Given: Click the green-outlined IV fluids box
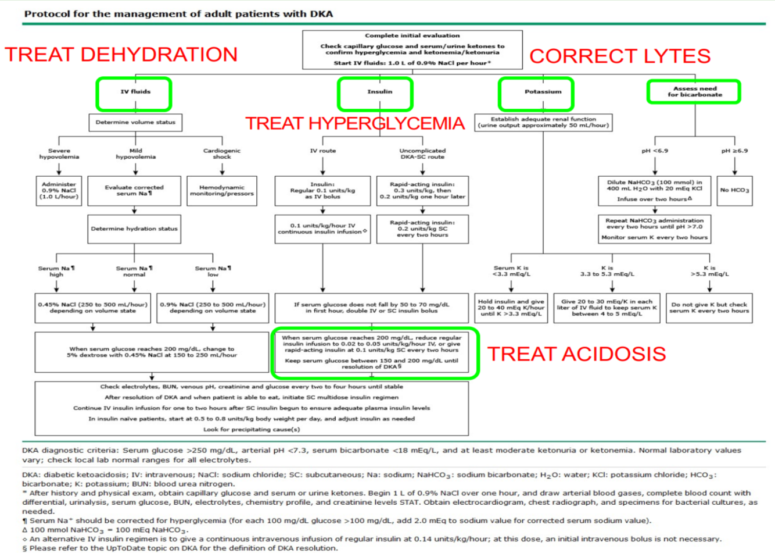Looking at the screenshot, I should point(134,93).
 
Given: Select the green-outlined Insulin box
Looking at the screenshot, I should point(375,93).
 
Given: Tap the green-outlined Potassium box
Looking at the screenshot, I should point(536,93).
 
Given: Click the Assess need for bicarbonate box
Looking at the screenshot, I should point(694,92).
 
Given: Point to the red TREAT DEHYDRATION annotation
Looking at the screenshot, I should point(121,55).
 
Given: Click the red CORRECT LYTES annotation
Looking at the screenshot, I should point(620,56).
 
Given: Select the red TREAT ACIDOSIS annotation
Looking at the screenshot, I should point(576,354).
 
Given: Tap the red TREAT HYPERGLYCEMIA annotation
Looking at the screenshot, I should point(354,123).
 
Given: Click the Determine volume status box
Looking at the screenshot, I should point(135,123).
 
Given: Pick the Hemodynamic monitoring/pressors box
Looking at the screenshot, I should point(222,191).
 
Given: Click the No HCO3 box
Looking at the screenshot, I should point(734,191).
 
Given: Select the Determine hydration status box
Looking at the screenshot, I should point(134,229).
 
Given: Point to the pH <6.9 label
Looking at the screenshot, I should point(655,151).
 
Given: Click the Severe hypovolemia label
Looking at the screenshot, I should point(59,154).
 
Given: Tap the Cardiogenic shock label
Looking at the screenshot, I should point(222,154).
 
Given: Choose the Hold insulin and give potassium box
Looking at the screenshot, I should point(511,308).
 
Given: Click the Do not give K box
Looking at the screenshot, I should point(709,308).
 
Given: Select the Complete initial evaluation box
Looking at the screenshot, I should point(412,49).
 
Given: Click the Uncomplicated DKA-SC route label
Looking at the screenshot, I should point(422,154).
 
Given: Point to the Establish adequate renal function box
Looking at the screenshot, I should point(543,122).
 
